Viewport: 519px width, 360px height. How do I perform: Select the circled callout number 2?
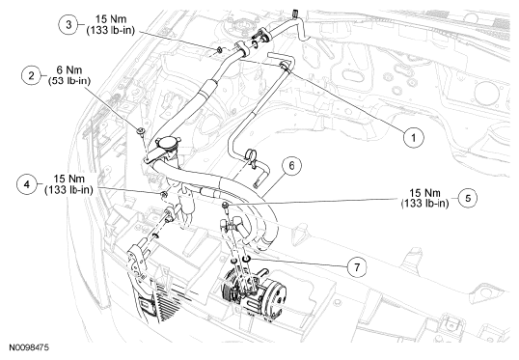coord(31,76)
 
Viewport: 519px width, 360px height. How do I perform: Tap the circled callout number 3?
coord(68,24)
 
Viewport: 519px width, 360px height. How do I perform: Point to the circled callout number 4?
coord(26,184)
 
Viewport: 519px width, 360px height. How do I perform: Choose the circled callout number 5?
coord(468,198)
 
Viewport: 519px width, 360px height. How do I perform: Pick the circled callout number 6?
coord(291,166)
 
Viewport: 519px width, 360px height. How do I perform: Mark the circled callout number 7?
coord(357,266)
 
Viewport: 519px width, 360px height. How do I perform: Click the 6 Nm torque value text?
coord(69,70)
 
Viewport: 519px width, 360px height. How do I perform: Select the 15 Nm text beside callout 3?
coord(111,19)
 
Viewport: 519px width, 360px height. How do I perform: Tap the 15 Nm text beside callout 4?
coord(68,179)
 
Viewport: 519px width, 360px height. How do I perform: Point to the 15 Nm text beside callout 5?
coord(425,193)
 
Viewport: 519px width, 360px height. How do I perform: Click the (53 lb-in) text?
coord(69,81)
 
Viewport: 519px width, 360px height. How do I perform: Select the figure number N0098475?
coord(29,347)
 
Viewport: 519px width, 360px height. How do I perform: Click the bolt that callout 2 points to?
coord(141,131)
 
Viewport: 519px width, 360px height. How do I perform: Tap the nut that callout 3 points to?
coord(219,50)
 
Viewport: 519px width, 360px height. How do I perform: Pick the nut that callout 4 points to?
coord(163,194)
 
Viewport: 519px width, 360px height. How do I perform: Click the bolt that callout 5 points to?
coord(226,206)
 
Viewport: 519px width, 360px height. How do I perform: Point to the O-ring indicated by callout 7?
coord(247,258)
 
